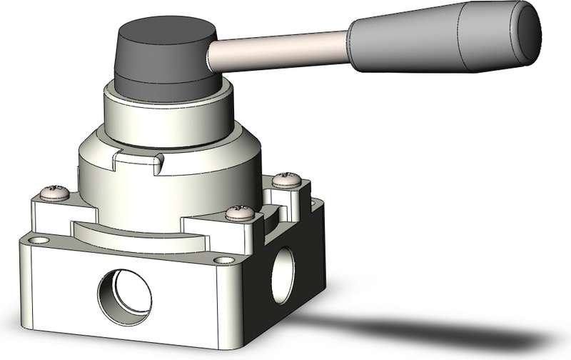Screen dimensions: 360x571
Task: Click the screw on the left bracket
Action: coord(54,192)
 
